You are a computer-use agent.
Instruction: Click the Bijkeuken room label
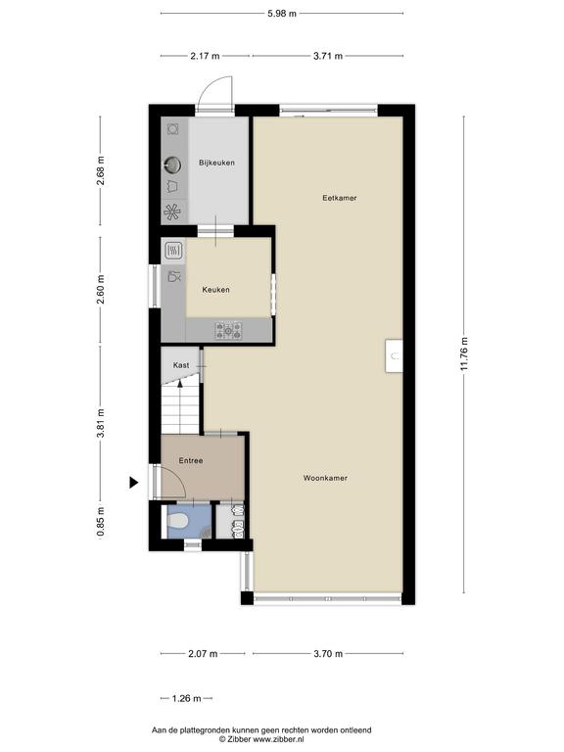tap(216, 163)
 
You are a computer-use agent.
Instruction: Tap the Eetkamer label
tap(340, 198)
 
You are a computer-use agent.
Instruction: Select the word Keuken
tap(215, 290)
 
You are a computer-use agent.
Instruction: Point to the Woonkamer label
tap(325, 478)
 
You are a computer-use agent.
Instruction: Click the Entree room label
tap(191, 460)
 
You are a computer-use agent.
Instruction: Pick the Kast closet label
tap(181, 365)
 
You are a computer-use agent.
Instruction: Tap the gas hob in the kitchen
tap(228, 330)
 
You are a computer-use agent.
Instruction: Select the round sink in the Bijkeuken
tap(171, 164)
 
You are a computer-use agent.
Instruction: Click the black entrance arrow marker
tap(134, 483)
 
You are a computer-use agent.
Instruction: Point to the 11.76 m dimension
tap(464, 353)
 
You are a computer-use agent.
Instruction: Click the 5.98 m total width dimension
tap(282, 14)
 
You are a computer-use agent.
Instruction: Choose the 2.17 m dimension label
tap(205, 56)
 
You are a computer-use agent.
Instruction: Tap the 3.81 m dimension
tap(101, 423)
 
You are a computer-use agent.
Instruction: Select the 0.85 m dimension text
tap(101, 521)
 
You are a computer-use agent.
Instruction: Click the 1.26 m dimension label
tap(187, 698)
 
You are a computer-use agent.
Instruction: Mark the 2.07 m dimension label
tap(203, 653)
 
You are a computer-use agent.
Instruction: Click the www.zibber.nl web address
tap(278, 739)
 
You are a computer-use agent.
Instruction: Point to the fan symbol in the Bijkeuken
tap(172, 211)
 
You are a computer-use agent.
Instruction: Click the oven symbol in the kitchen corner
tap(173, 250)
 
